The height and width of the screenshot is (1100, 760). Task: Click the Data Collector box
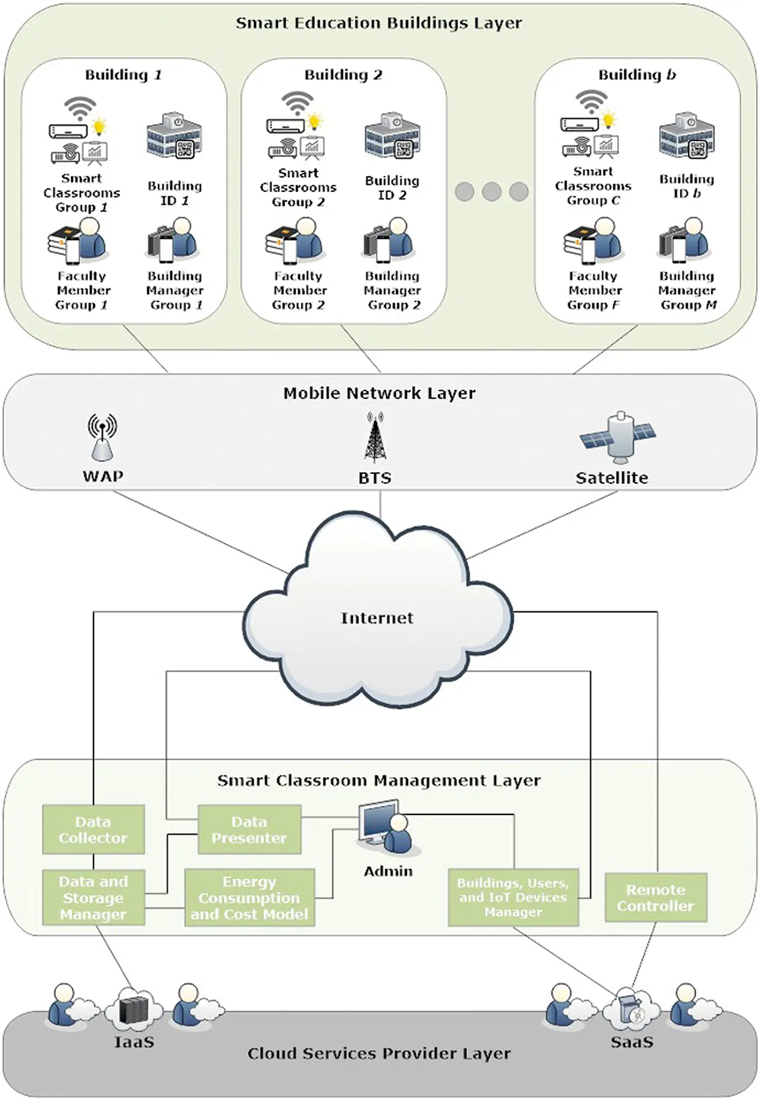coord(93,830)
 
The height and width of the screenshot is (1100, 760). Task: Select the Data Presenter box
coord(249,830)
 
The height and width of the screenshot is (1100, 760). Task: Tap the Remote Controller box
coord(655,898)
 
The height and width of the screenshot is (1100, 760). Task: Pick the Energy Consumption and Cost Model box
coord(249,898)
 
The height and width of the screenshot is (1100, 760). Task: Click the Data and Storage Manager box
coord(93,898)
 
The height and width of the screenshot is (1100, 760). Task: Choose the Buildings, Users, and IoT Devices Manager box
coord(513,898)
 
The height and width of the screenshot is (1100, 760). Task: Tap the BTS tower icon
coord(375,438)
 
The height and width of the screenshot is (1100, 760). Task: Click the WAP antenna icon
coord(102,437)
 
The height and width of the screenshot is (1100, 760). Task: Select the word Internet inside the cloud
coord(377,618)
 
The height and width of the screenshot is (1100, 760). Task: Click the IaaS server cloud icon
coord(134,1010)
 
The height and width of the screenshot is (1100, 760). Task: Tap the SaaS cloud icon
coord(631,1010)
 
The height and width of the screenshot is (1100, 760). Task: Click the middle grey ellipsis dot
coord(491,192)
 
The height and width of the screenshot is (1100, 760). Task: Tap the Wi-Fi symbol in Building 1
coord(80,108)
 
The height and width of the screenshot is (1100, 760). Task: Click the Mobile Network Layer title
coord(379,393)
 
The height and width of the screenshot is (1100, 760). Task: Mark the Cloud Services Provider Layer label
coord(379,1053)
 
